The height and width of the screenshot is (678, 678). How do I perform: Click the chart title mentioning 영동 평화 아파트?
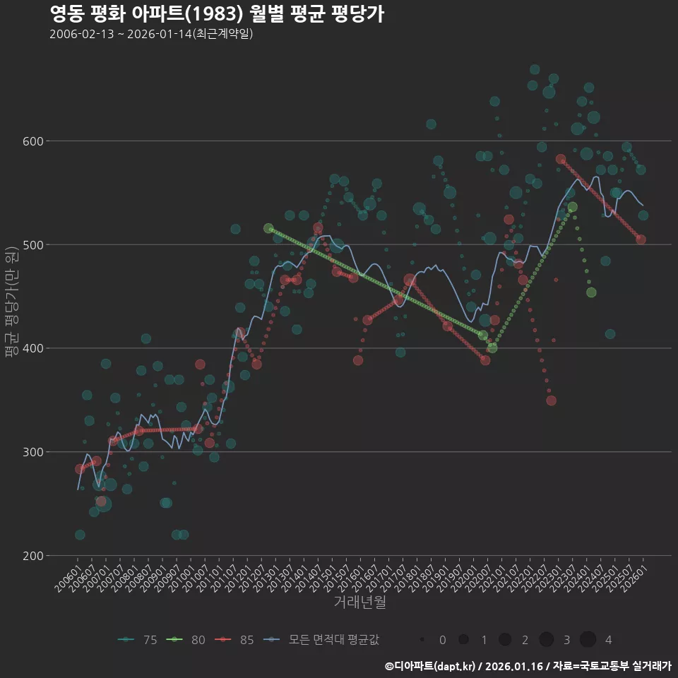click(217, 14)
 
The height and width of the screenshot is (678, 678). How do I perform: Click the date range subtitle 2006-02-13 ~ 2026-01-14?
click(151, 35)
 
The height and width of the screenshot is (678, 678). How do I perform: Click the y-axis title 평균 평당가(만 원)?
click(11, 304)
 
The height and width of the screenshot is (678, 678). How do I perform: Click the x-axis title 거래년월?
click(359, 602)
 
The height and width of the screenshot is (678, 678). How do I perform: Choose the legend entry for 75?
click(138, 640)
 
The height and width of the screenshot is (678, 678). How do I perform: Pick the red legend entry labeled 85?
click(235, 640)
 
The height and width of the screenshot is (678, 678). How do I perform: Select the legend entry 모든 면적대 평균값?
click(321, 640)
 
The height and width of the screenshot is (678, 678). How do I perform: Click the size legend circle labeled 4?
click(588, 640)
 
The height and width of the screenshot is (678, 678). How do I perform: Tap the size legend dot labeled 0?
click(422, 640)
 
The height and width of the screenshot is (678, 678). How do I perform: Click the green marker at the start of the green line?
click(268, 229)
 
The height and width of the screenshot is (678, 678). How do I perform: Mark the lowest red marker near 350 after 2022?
click(551, 400)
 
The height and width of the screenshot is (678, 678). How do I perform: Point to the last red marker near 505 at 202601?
click(641, 239)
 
